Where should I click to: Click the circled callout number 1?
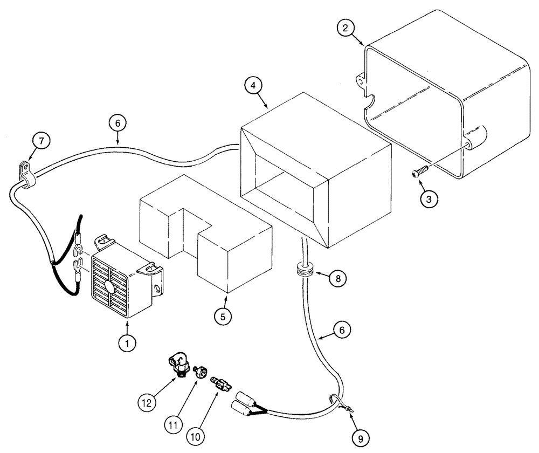click(127, 342)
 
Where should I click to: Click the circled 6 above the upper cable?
click(119, 123)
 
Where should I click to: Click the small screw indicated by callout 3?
click(418, 172)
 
